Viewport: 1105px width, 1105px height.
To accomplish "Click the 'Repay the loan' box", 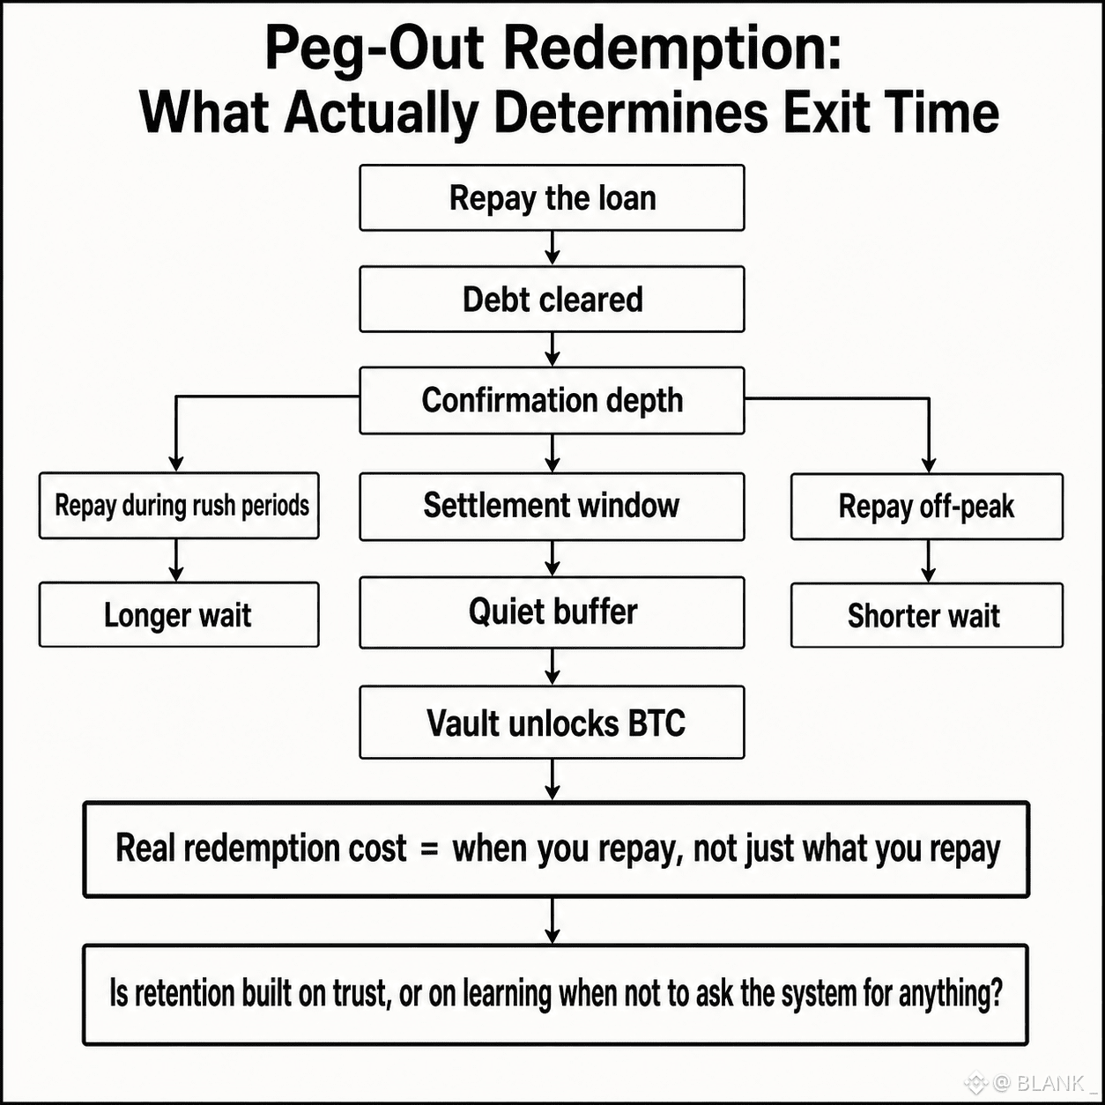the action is [x=552, y=198].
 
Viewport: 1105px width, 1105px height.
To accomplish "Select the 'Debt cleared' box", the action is [x=552, y=299].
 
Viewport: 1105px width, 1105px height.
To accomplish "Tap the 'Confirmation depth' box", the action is [x=552, y=400].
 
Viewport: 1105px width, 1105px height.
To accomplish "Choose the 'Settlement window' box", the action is [x=552, y=507].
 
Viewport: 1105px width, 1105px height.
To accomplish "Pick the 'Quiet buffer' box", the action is [x=552, y=612].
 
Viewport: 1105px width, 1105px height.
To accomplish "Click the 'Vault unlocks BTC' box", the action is [x=552, y=723].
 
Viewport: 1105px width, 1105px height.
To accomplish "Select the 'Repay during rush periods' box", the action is [x=179, y=506].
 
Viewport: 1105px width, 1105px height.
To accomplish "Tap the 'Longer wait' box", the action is [x=179, y=615].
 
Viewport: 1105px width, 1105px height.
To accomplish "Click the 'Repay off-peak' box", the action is [x=927, y=507].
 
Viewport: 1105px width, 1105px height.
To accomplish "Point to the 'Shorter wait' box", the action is [x=927, y=615].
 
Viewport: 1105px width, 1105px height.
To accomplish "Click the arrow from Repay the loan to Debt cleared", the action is [x=552, y=248].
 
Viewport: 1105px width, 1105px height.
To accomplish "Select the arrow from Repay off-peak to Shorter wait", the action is [x=929, y=561].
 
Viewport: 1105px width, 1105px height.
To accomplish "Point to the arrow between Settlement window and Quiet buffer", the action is [x=552, y=559].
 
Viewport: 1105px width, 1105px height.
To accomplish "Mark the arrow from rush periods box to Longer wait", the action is [x=176, y=560].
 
